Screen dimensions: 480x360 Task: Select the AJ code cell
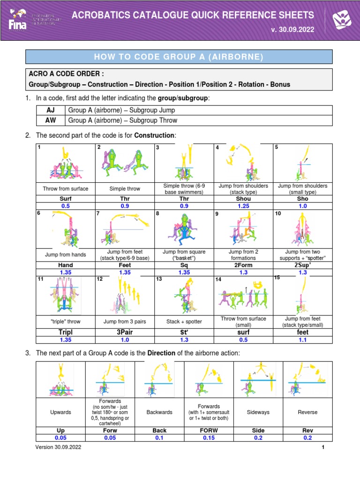pos(51,110)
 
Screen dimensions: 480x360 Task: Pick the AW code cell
pos(51,120)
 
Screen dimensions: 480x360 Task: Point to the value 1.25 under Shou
pos(243,206)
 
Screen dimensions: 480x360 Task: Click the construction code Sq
pos(183,265)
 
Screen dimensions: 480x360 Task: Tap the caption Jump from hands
pos(66,255)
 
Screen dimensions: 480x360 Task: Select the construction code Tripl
pos(66,331)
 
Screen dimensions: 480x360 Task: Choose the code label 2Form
pos(243,265)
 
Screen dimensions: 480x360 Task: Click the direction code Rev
pos(307,430)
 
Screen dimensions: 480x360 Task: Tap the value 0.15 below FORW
pos(209,437)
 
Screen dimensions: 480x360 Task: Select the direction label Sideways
pos(258,412)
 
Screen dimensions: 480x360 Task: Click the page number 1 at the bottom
pos(323,448)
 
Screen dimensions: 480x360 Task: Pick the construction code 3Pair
pos(124,331)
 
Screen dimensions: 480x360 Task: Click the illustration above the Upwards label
pos(61,380)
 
